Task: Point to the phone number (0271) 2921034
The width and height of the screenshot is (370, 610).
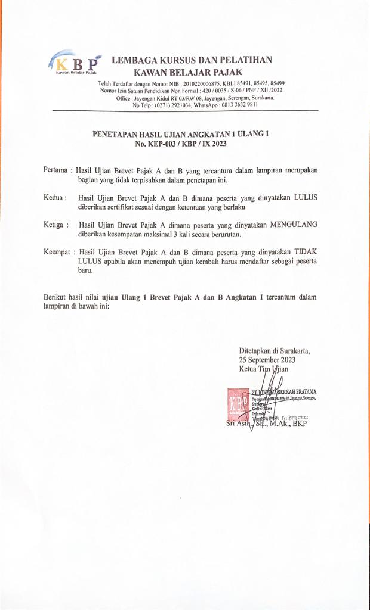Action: click(175, 104)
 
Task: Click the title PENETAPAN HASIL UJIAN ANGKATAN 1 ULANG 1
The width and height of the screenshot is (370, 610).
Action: click(180, 135)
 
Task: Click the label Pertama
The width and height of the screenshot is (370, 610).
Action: click(57, 170)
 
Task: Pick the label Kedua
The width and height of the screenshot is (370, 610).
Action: click(55, 197)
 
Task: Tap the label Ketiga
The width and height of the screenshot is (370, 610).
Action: click(55, 225)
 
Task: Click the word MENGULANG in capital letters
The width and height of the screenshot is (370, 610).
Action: click(294, 225)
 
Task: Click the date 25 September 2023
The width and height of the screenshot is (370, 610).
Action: click(267, 360)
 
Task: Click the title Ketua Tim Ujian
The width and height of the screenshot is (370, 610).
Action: click(263, 369)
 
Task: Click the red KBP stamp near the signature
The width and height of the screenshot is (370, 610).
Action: click(236, 404)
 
